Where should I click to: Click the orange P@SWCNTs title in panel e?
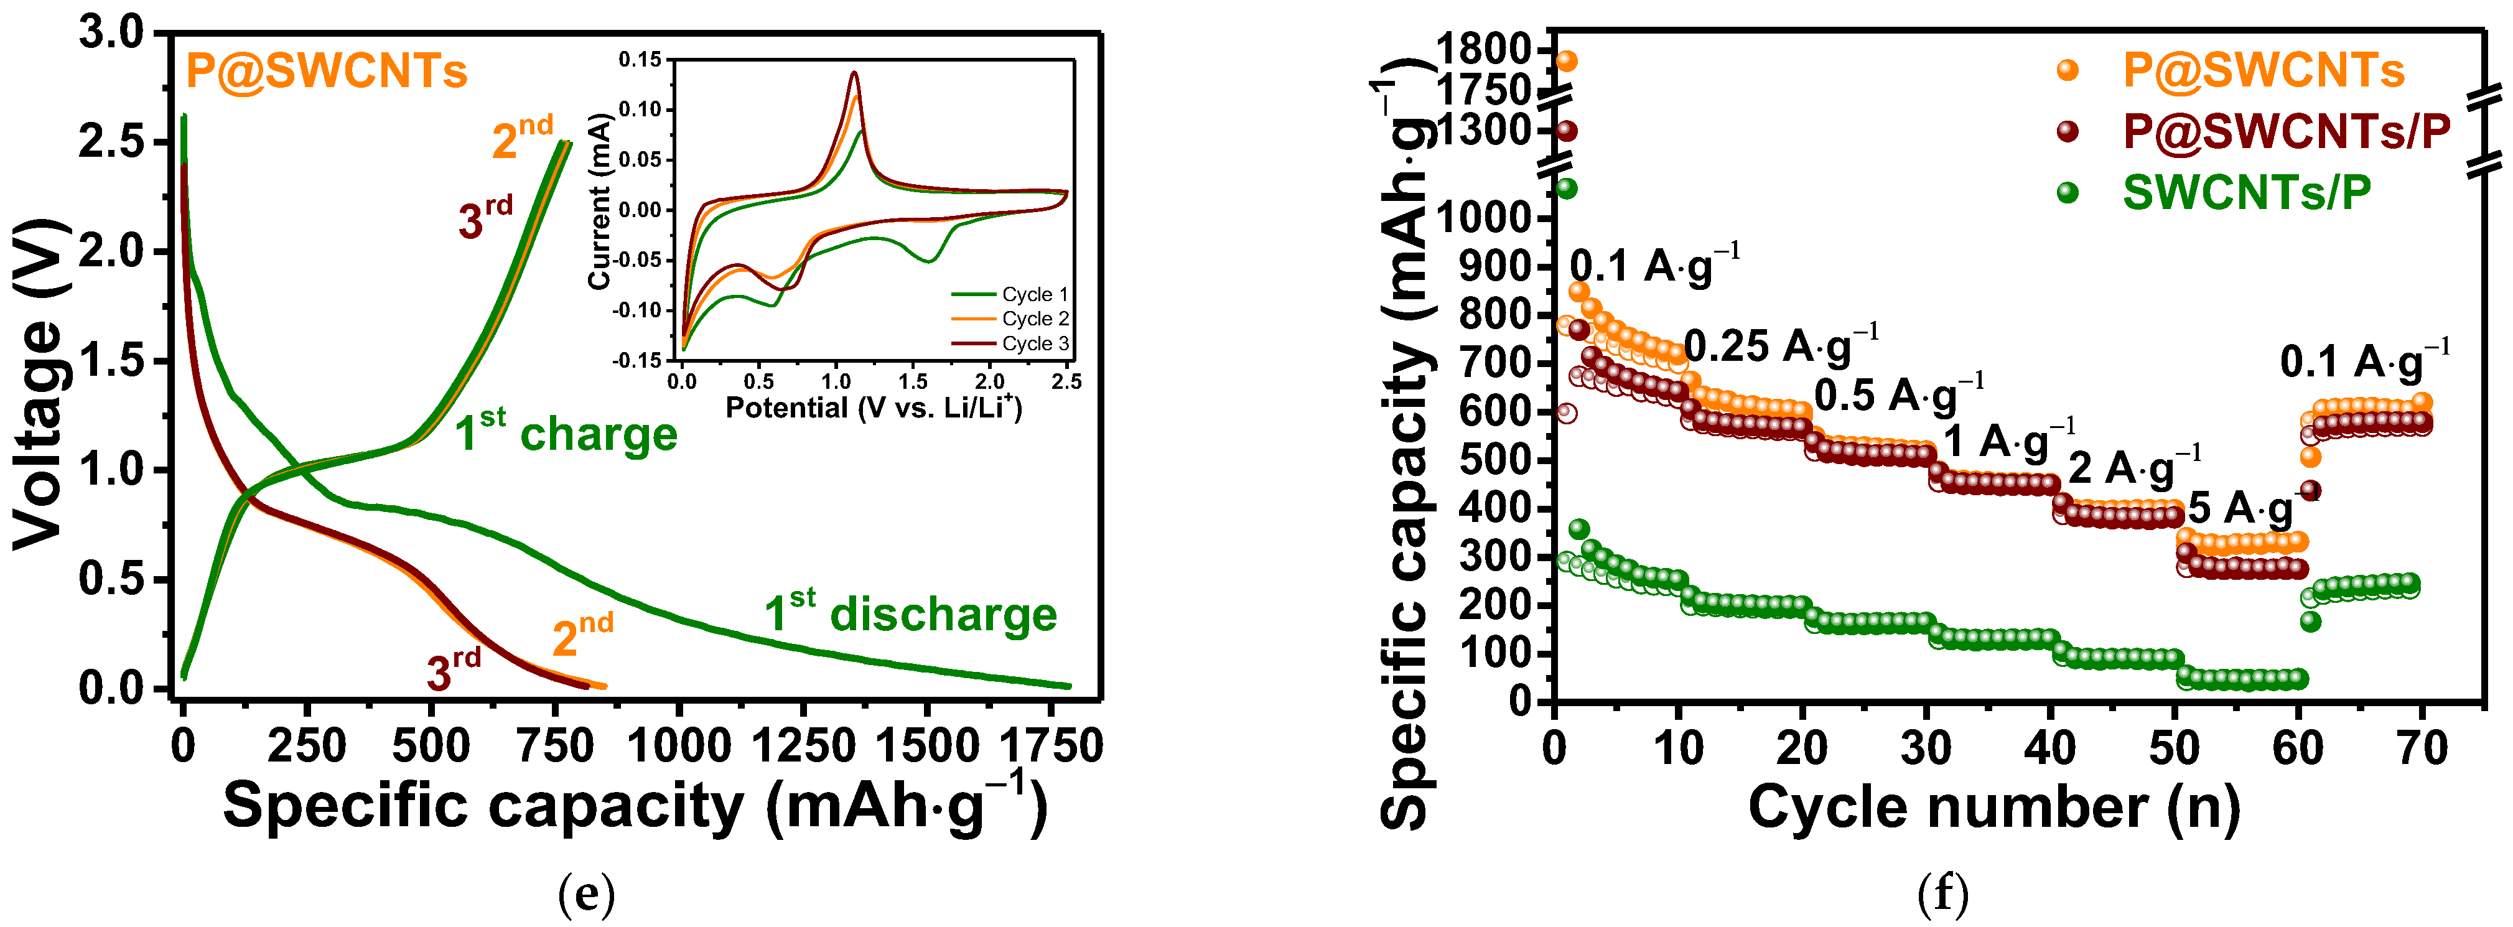[x=326, y=71]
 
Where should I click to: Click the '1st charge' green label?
[x=566, y=433]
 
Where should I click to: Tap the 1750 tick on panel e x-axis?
[x=1051, y=747]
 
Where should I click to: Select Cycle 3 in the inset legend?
[x=1034, y=343]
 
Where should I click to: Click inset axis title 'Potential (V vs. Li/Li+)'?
[x=873, y=407]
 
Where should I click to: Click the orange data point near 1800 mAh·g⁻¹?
[x=1567, y=60]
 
